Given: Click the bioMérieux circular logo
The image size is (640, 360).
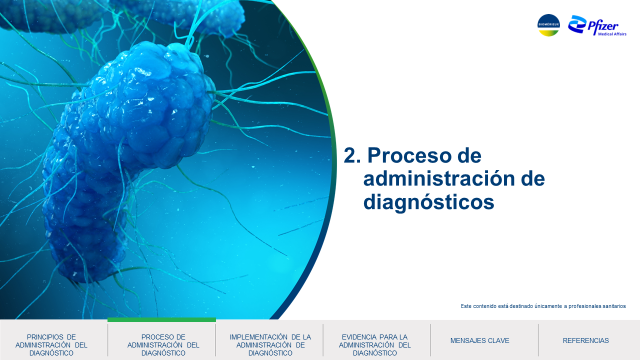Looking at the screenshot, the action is point(548,25).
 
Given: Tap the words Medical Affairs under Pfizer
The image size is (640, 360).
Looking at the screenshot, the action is point(612,34).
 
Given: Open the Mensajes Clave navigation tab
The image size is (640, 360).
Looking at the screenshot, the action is point(479,340).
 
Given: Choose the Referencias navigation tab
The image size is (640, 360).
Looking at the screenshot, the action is point(585,340).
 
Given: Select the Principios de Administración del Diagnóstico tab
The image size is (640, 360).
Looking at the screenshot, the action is point(51,345).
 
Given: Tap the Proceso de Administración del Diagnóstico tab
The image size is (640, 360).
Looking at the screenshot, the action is point(163,345).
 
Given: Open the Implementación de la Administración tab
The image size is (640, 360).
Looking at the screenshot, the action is point(270,345).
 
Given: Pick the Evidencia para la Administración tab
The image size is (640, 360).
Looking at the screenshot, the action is point(374,345).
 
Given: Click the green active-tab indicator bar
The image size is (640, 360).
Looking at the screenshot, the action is point(161,319).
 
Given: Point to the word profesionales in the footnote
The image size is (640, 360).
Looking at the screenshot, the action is point(584,306).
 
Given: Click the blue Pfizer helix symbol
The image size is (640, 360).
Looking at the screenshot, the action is point(577,24).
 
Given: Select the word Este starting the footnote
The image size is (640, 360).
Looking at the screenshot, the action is point(466,306).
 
